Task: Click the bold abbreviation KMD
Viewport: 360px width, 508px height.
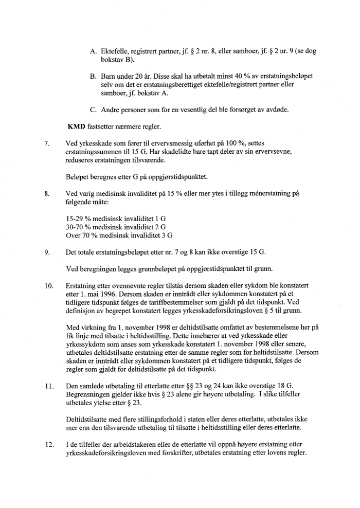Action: [77, 126]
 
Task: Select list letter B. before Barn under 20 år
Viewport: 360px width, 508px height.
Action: [93, 76]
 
